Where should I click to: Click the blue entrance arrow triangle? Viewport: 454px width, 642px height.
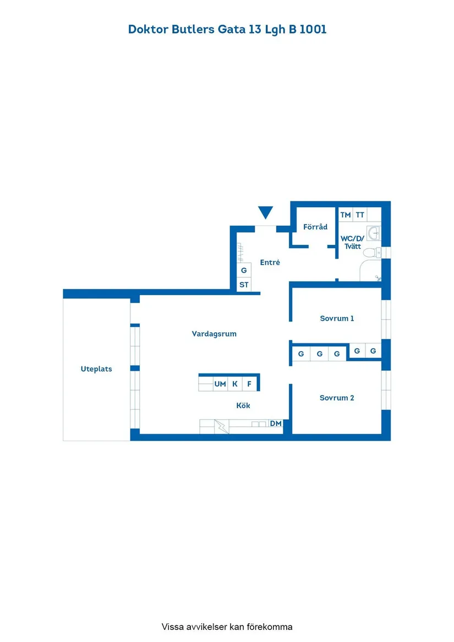pos(266,212)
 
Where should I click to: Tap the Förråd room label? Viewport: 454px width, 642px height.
pos(315,227)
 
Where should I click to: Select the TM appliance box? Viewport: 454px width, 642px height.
pos(346,215)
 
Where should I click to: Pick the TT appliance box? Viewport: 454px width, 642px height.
pos(360,215)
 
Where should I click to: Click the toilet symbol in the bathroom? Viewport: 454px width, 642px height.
pos(373,253)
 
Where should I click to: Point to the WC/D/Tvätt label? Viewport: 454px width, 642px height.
pos(352,242)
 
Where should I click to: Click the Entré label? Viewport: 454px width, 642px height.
pos(270,262)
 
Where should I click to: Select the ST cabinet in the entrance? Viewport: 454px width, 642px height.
pos(244,285)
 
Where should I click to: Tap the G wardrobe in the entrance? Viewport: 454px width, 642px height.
pos(244,271)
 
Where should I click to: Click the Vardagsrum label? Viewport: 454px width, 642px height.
pos(214,333)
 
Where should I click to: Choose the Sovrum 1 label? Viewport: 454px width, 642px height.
pos(337,318)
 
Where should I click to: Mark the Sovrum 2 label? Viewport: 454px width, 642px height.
pos(337,397)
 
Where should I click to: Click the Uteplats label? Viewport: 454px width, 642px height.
pos(96,369)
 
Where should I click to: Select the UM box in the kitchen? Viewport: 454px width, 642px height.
pos(220,384)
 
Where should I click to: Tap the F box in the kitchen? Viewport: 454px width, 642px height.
pos(249,384)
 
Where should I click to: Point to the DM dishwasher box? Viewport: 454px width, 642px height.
pos(276,423)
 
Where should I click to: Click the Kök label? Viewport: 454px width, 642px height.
pos(243,405)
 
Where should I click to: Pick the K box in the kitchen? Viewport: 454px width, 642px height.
pos(235,384)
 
